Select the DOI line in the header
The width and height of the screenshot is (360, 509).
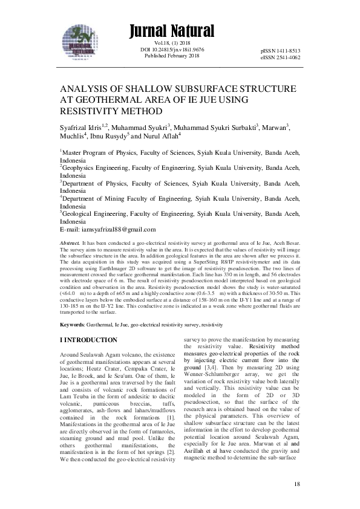[172, 50]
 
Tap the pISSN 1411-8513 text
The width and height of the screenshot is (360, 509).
[281, 51]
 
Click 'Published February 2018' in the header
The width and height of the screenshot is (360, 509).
[172, 56]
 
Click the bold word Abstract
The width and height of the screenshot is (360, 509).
[70, 241]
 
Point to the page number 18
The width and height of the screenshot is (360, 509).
[296, 485]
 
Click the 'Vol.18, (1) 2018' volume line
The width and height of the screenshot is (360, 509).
[172, 44]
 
